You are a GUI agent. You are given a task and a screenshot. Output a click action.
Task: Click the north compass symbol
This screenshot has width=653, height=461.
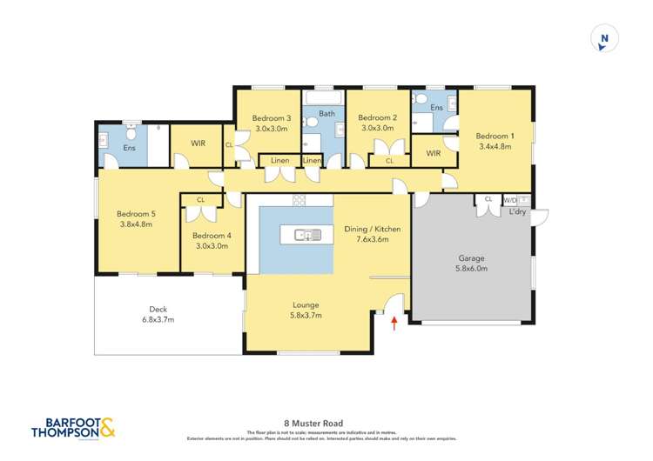pos(603,38)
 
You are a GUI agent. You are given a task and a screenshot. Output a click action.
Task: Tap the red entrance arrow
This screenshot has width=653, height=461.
pos(395,324)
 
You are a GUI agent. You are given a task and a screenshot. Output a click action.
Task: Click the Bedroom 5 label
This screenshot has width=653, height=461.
pos(135,218)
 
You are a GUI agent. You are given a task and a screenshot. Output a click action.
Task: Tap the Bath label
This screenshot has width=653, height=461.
pos(326,113)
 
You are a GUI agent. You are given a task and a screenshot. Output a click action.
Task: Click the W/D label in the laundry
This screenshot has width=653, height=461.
pos(508,199)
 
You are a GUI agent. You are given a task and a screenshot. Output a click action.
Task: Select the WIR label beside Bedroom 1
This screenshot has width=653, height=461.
pos(433,153)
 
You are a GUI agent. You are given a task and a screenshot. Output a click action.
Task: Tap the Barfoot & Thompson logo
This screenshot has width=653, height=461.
pos(72,429)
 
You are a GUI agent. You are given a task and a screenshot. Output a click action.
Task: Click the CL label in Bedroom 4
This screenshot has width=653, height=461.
pos(200,200)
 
